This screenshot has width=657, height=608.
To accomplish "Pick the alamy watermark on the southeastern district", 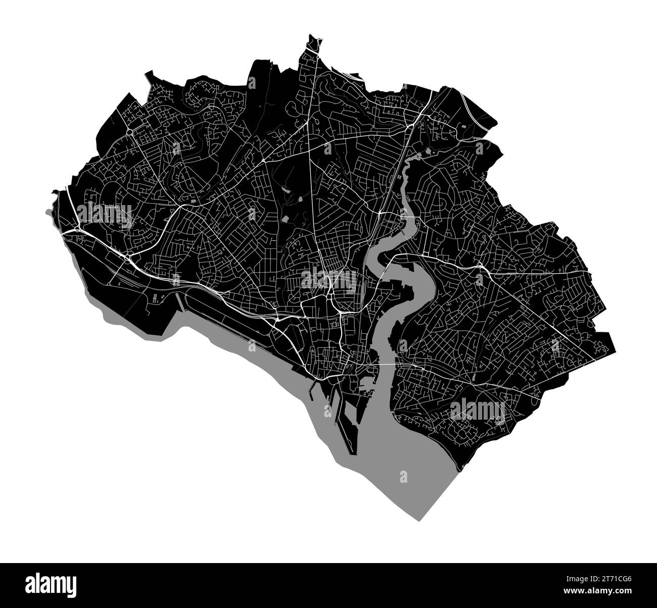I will point(477,410).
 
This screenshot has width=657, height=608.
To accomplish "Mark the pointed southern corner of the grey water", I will point(418,519).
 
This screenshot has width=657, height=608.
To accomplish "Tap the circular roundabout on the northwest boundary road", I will point(130,132).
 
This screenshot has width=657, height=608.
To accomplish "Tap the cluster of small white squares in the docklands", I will point(154,298).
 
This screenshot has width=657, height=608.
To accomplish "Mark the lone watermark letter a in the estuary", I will point(403,477).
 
